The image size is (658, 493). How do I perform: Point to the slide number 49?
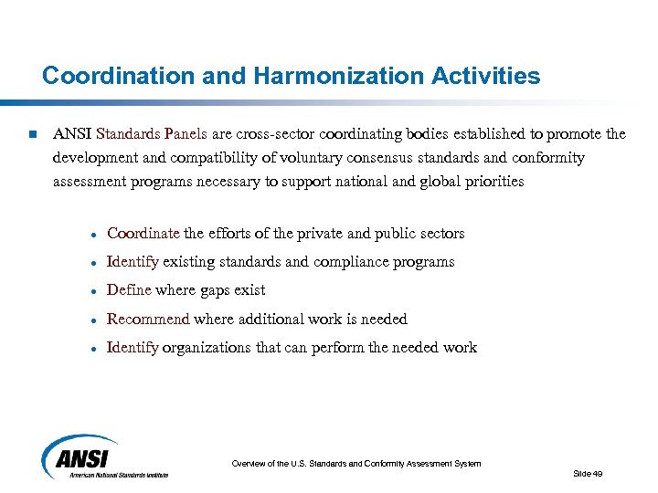(x=588, y=473)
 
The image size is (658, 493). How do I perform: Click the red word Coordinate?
(x=143, y=234)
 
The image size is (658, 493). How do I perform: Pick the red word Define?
(x=129, y=290)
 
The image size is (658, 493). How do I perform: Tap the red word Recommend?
(x=148, y=319)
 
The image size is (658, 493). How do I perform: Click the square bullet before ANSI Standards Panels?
(x=31, y=135)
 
